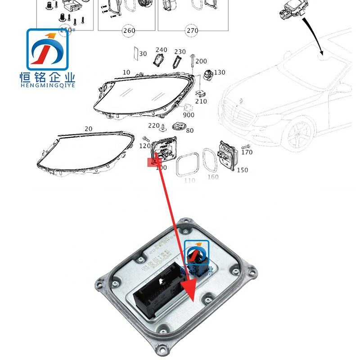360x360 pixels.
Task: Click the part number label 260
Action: tap(129, 31)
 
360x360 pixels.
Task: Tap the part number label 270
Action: tap(192, 31)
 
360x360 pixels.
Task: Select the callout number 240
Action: tap(161, 50)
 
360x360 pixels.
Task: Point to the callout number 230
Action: tap(180, 52)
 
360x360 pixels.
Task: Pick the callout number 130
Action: tap(220, 72)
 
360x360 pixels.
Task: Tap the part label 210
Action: tap(201, 101)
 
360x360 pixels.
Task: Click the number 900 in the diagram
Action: tap(189, 115)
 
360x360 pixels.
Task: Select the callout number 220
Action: tap(154, 126)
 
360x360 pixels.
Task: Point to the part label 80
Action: tap(189, 131)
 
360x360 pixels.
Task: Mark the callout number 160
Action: tap(213, 177)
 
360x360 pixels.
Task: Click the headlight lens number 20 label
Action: tap(88, 129)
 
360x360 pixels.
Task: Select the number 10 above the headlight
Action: tap(126, 72)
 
